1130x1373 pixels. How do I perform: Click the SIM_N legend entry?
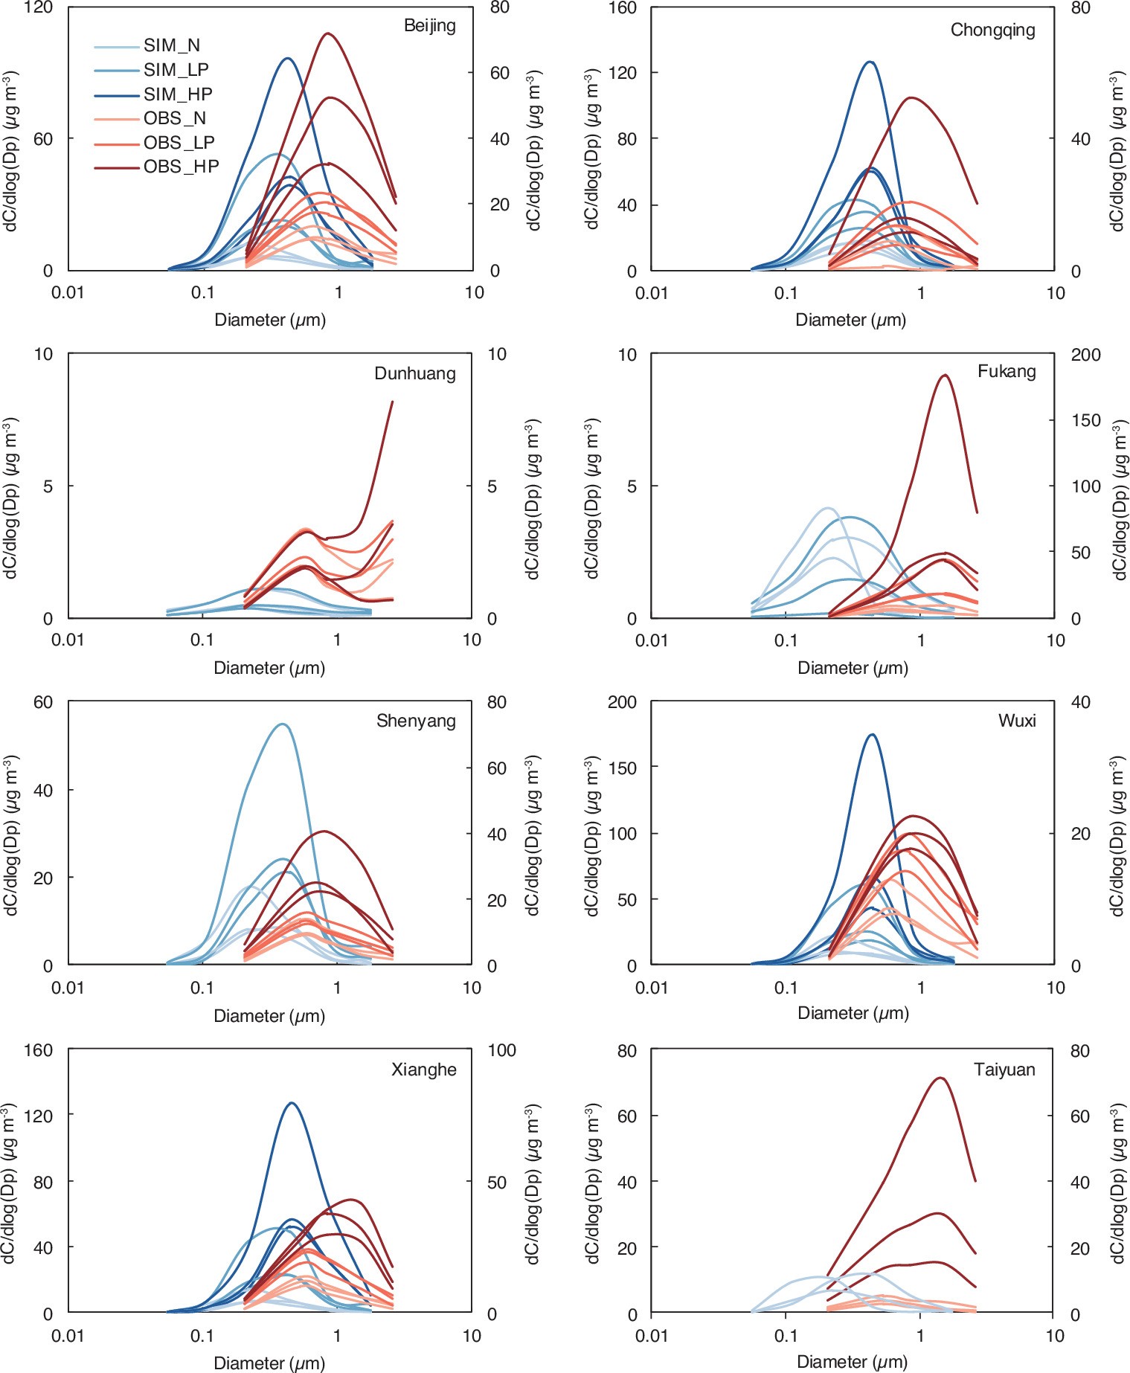(171, 45)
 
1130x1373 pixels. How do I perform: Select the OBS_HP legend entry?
(181, 167)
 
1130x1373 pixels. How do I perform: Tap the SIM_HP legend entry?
(178, 94)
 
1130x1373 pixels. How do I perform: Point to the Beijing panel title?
(429, 25)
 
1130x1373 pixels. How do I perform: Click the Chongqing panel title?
(992, 30)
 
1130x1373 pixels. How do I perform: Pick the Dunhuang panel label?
(414, 373)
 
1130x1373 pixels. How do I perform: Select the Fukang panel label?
(1006, 371)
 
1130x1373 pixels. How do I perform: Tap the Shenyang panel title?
(416, 721)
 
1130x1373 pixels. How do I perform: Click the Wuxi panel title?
(1016, 721)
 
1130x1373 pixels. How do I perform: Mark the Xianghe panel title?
(423, 1070)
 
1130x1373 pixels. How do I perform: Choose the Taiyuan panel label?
(1004, 1070)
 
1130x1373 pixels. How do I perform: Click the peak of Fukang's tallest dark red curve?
(945, 375)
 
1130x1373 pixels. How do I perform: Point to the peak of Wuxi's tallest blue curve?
(872, 735)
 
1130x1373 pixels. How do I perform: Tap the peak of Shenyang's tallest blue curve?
(282, 724)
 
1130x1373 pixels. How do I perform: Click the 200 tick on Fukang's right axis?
(1085, 355)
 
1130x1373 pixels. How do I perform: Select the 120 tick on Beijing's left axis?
(38, 8)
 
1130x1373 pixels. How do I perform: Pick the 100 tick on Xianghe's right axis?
(501, 1050)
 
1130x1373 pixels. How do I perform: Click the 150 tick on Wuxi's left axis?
(622, 768)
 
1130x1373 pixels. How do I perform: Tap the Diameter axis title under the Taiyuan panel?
(852, 1362)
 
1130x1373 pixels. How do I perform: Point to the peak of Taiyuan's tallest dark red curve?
(940, 1078)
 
